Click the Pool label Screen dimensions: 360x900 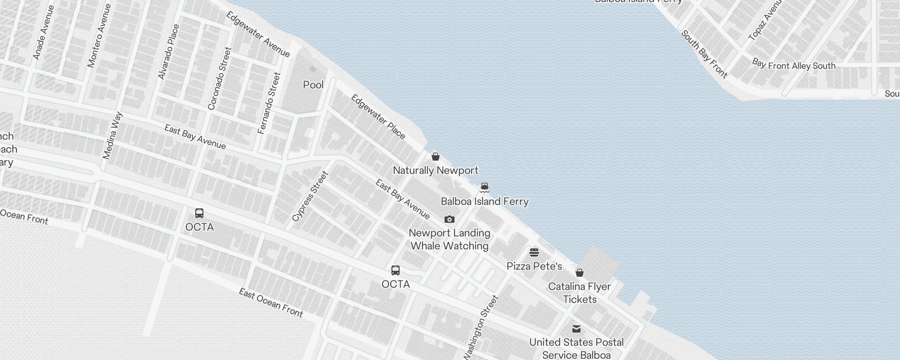click(313, 85)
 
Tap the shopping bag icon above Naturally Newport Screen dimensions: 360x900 click(436, 157)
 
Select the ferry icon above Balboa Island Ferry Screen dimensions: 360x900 click(484, 187)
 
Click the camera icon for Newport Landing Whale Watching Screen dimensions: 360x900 click(449, 220)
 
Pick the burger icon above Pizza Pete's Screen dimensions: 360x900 click(534, 252)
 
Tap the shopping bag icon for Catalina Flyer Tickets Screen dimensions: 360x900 click(580, 273)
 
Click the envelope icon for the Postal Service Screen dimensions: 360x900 click(576, 328)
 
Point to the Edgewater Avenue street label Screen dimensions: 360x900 click(258, 34)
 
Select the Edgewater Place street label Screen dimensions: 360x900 click(378, 117)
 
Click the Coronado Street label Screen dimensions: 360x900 click(220, 79)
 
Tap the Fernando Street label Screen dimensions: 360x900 click(269, 103)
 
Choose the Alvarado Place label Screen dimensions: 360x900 click(169, 52)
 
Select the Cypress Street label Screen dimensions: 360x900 click(310, 196)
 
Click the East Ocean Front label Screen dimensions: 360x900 click(271, 302)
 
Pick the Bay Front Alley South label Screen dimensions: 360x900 click(794, 65)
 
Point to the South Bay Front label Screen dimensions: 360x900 click(704, 54)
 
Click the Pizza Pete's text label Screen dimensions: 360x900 click(534, 266)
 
